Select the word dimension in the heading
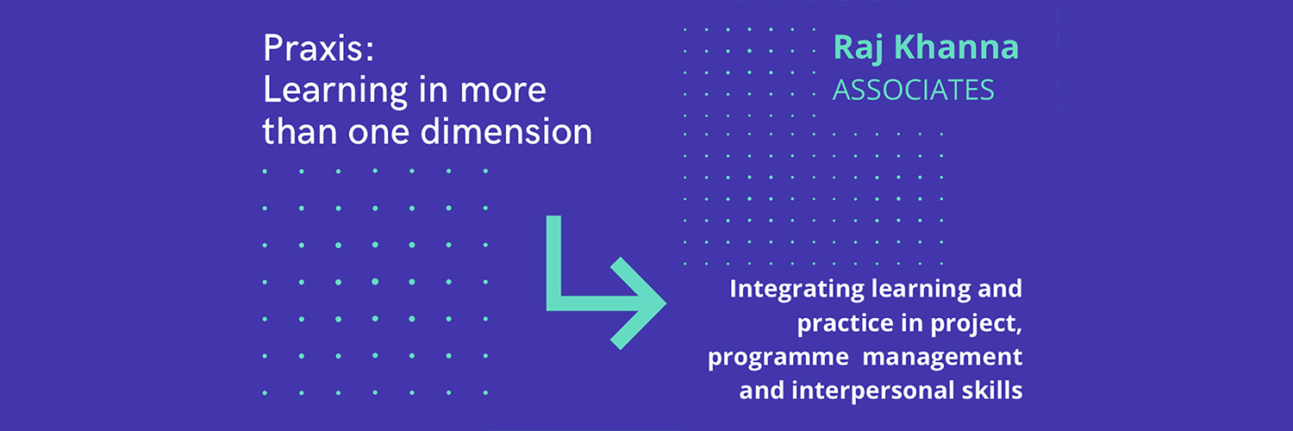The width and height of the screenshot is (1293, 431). pyautogui.click(x=506, y=131)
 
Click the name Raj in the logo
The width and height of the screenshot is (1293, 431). pyautogui.click(x=858, y=48)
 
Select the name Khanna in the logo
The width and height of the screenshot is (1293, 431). pyautogui.click(x=957, y=47)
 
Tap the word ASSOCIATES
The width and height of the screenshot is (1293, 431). pyautogui.click(x=913, y=90)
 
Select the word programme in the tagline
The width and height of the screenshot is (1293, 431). pyautogui.click(x=778, y=358)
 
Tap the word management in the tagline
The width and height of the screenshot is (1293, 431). pyautogui.click(x=942, y=357)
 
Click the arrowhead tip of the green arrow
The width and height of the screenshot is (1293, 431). pyautogui.click(x=665, y=303)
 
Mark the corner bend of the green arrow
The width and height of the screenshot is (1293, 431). pyautogui.click(x=554, y=303)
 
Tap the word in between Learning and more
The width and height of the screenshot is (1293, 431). pyautogui.click(x=434, y=90)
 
